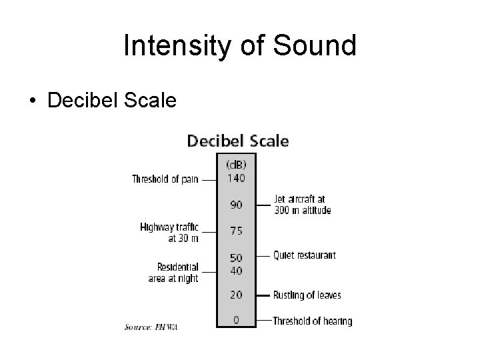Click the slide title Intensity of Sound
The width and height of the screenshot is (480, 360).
pos(240,45)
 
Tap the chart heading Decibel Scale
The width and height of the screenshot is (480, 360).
pos(237,141)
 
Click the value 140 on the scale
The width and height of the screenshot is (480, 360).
pos(237,178)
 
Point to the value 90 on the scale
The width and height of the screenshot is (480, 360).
pos(237,205)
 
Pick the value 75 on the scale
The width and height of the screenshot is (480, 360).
pos(237,231)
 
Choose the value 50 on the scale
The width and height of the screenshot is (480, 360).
pos(237,257)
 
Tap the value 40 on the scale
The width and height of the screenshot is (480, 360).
pos(237,271)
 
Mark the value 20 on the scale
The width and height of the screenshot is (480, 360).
pos(237,295)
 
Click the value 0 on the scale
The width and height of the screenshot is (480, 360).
pos(237,320)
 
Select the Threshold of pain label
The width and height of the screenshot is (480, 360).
pos(165,179)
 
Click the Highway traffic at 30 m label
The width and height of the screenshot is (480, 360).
pos(169,232)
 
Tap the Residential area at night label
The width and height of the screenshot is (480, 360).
pos(173,272)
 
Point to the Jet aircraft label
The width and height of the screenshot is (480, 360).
pos(302,205)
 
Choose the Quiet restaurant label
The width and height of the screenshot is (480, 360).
pos(304,255)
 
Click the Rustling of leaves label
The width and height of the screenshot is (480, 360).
pos(307,295)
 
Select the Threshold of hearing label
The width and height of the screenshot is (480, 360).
pos(312,321)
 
